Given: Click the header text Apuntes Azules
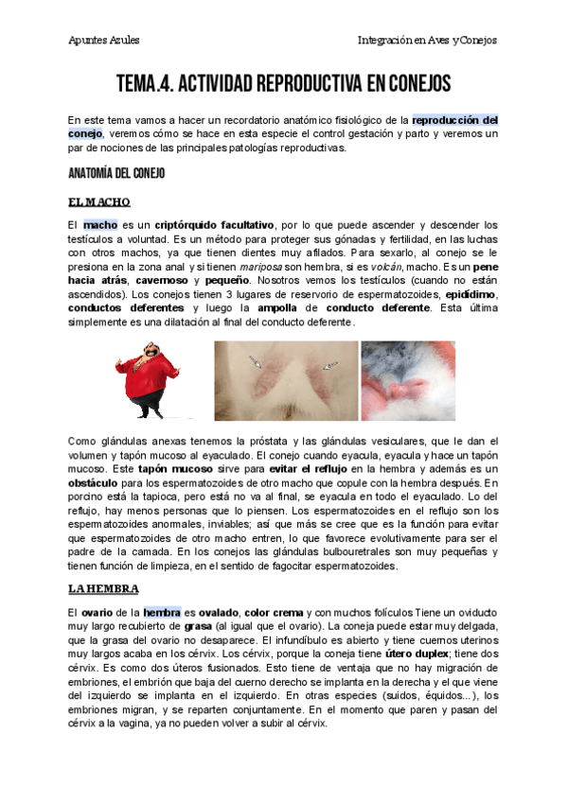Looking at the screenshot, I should coord(104,40).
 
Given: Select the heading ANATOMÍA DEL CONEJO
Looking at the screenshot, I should coord(116,174).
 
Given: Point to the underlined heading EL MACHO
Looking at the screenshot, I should coord(98,202).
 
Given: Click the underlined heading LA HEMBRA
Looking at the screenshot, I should coord(103,588).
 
